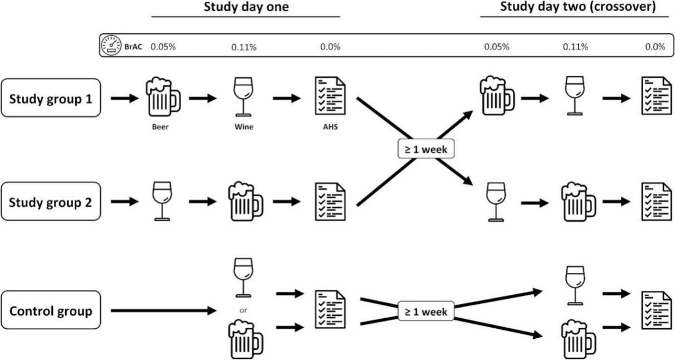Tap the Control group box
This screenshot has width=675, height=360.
pyautogui.click(x=51, y=310)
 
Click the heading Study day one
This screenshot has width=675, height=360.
pyautogui.click(x=246, y=7)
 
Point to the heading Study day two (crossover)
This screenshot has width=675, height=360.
pyautogui.click(x=578, y=7)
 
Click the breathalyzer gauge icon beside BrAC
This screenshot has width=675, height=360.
pyautogui.click(x=111, y=46)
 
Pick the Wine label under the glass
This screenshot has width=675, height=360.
pyautogui.click(x=244, y=127)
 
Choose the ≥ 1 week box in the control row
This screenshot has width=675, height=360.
pyautogui.click(x=427, y=312)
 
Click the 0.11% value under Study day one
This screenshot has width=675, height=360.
pyautogui.click(x=244, y=47)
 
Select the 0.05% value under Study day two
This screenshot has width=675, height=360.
pyautogui.click(x=496, y=47)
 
